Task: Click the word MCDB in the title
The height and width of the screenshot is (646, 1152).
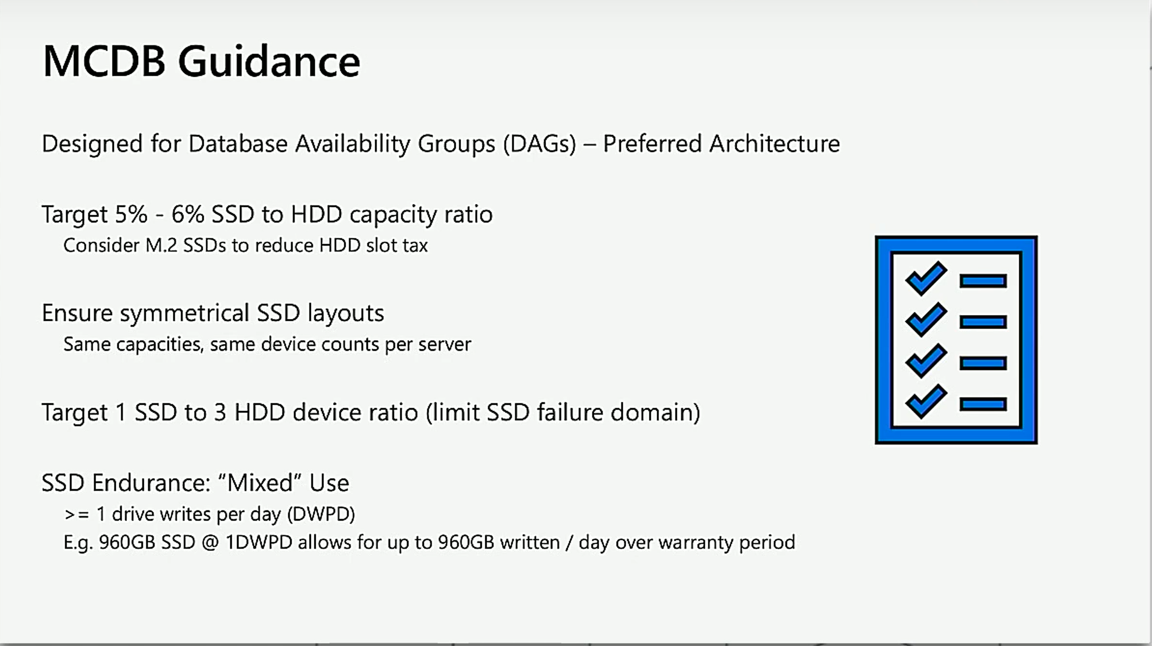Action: (104, 61)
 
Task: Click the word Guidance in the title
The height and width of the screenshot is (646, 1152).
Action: (269, 61)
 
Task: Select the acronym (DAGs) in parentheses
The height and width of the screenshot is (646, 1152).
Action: (540, 144)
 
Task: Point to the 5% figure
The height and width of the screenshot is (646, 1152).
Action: (131, 214)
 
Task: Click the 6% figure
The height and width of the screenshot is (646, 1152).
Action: (187, 214)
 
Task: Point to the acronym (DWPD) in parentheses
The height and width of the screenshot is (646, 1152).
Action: (321, 514)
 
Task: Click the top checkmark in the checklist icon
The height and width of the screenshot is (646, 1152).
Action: (926, 278)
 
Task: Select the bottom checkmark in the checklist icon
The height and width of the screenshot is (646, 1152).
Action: (926, 401)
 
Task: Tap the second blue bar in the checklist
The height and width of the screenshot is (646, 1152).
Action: (983, 322)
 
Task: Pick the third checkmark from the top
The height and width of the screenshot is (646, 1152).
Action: (926, 360)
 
